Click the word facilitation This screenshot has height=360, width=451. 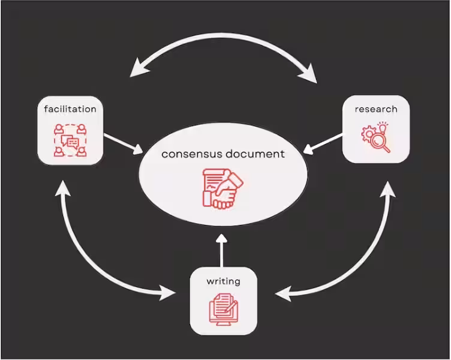(x=70, y=109)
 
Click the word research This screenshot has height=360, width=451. (x=376, y=109)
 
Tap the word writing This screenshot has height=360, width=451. (x=224, y=281)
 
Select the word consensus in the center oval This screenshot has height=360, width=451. (x=191, y=154)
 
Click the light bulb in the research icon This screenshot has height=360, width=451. (x=382, y=126)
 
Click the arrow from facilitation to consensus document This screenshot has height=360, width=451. (x=124, y=143)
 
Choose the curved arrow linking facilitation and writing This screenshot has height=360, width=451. (x=96, y=258)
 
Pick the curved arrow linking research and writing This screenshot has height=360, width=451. (x=354, y=258)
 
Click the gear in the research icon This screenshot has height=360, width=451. (x=368, y=134)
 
